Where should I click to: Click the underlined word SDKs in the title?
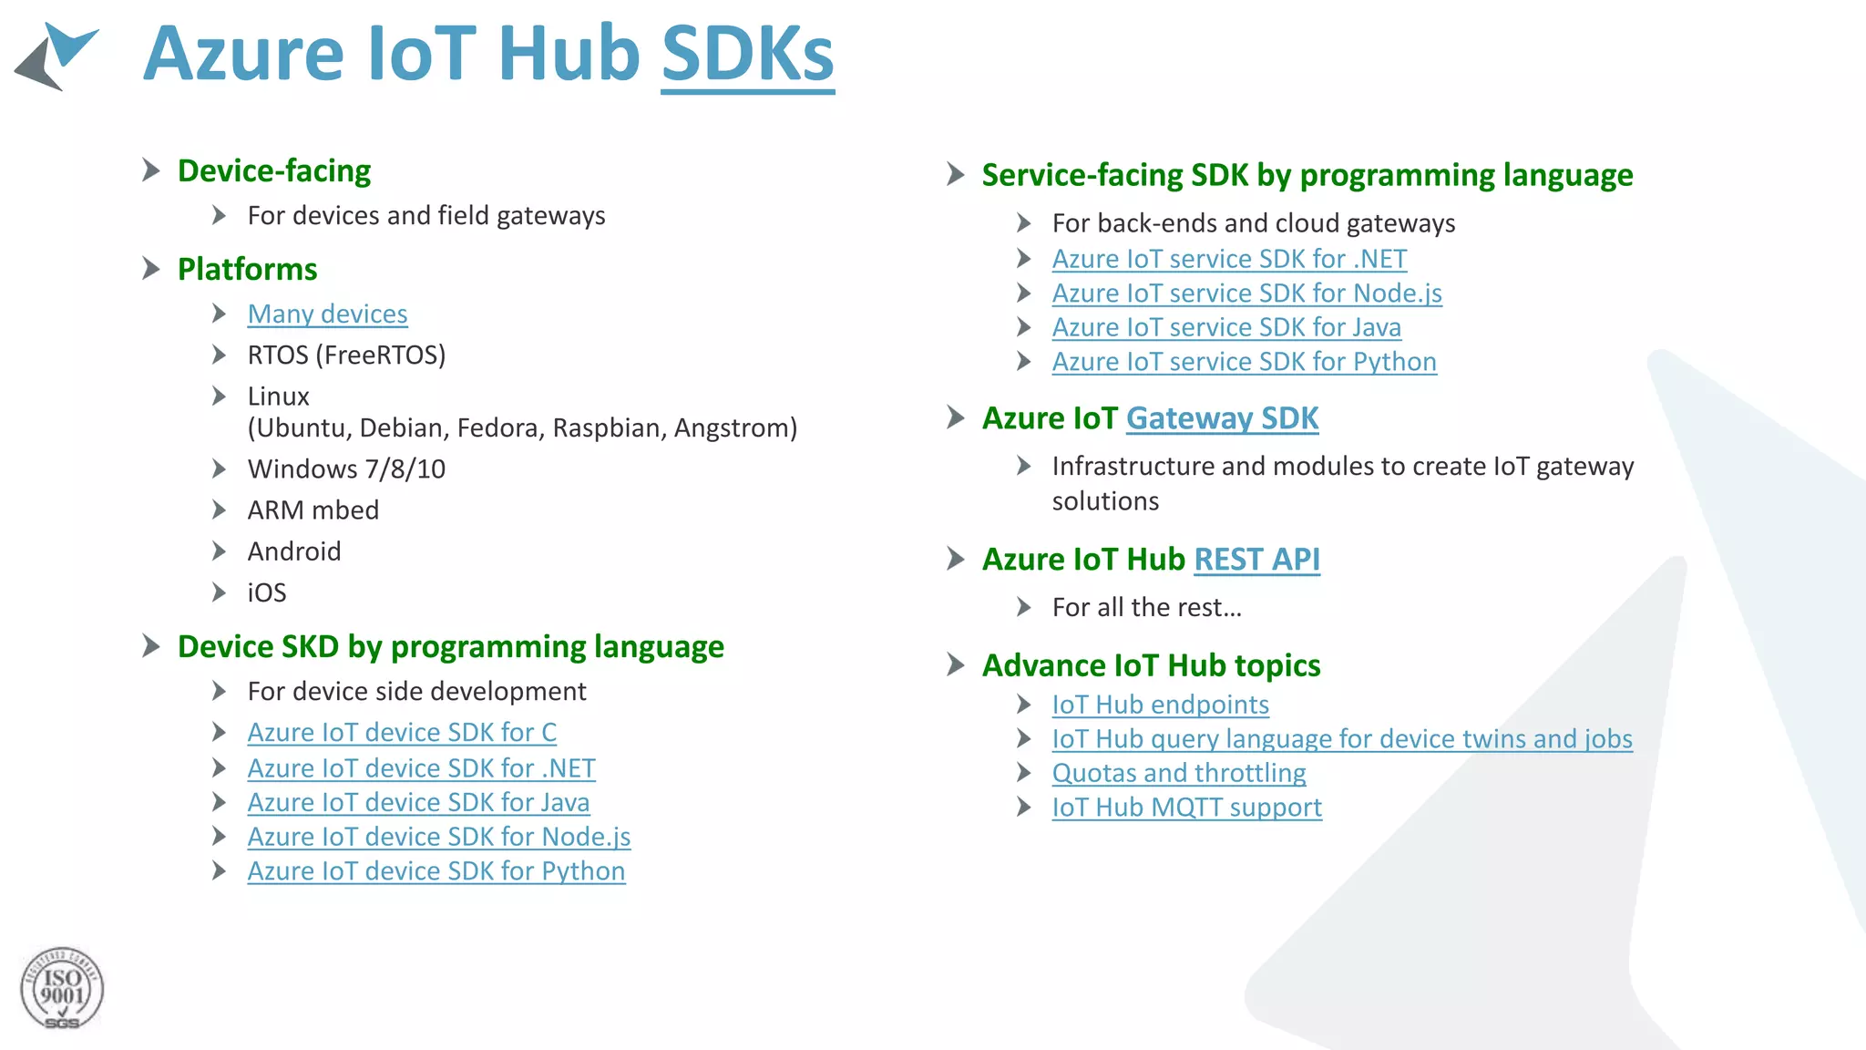(747, 55)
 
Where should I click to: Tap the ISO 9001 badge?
(62, 989)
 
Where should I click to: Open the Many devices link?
(327, 314)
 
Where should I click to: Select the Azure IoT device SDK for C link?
(402, 732)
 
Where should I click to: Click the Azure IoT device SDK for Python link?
(436, 870)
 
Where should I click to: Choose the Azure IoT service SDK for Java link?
(1226, 326)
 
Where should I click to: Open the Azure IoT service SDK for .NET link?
(1229, 259)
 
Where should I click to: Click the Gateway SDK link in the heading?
(1222, 417)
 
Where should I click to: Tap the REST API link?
(1256, 559)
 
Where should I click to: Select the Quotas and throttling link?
(1178, 773)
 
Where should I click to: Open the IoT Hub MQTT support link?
(1186, 807)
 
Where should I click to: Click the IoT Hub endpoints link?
(1160, 705)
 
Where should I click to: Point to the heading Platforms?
(247, 269)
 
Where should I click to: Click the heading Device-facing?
(274, 170)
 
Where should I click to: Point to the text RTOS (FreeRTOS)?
(346, 355)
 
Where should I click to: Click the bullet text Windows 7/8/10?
(346, 468)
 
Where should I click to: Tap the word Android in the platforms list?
(294, 551)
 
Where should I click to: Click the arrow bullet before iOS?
(219, 592)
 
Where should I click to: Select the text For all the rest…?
(1146, 607)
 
